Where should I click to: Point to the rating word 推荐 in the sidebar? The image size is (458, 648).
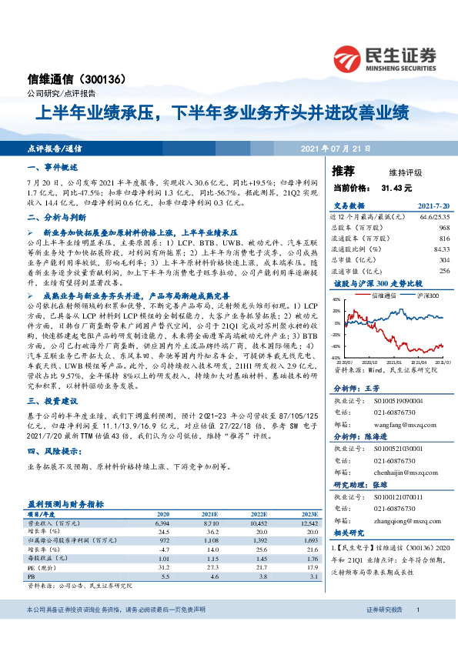pos(344,170)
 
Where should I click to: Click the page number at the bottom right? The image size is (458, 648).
pos(417,631)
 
